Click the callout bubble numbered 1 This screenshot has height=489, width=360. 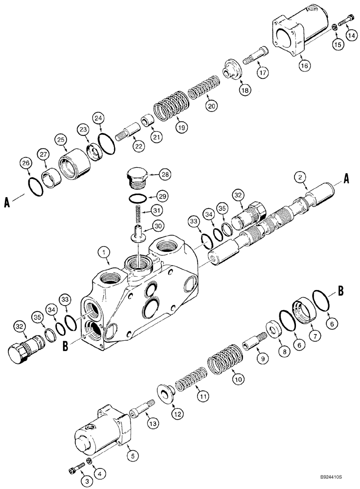click(103, 253)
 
